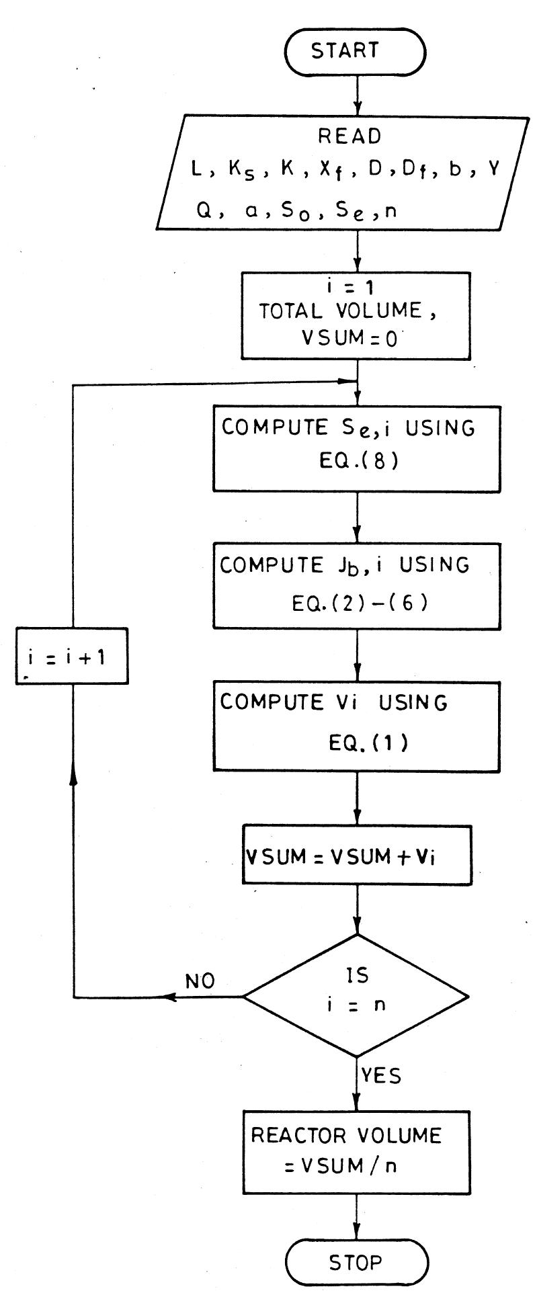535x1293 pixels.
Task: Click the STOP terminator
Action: [x=356, y=1263]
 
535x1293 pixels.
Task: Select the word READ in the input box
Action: [x=349, y=136]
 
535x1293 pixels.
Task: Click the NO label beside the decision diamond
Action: [x=200, y=981]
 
